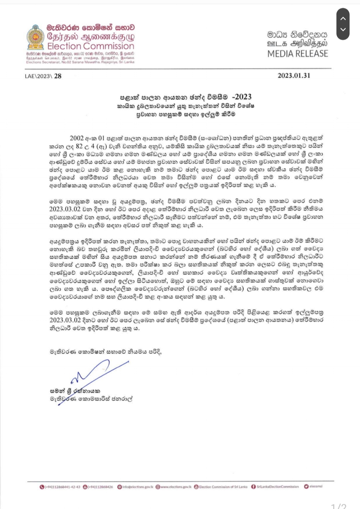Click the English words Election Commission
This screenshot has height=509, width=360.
[x=91, y=46]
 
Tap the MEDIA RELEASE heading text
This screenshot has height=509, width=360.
[x=298, y=54]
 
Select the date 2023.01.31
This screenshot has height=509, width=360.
[x=294, y=76]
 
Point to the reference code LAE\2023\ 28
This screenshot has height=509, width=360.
[x=43, y=76]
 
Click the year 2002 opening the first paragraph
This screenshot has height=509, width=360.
[x=77, y=138]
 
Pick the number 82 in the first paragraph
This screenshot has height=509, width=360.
[x=79, y=146]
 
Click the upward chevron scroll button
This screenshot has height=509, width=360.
[x=343, y=18]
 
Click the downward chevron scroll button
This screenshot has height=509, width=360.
[x=343, y=30]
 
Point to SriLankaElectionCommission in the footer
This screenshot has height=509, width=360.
[x=278, y=487]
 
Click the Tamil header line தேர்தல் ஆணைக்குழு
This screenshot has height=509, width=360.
[x=91, y=36]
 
